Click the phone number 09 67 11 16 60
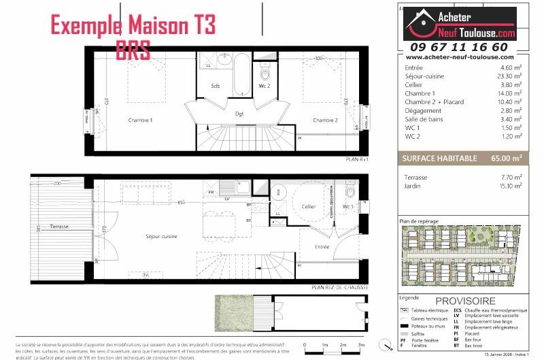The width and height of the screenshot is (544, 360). [x=458, y=47]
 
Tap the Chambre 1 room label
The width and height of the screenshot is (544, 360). [x=140, y=120]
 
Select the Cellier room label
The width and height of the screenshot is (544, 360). [x=309, y=206]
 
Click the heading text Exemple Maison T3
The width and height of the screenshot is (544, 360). [x=133, y=27]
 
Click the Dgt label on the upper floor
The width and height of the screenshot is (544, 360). [x=239, y=114]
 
